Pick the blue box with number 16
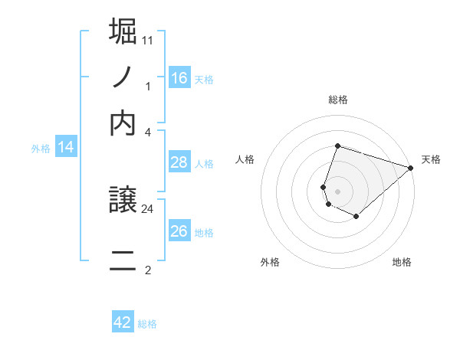[x=179, y=78]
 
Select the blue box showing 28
[x=179, y=162]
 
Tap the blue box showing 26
[x=179, y=231]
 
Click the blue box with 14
[x=65, y=148]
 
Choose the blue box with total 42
[x=123, y=322]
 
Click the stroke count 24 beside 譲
[x=148, y=208]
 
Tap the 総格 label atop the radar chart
[x=337, y=100]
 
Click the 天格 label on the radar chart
[x=431, y=159]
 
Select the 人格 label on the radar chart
[x=245, y=159]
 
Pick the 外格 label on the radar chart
[x=270, y=262]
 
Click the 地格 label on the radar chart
[x=402, y=262]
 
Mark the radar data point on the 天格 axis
[x=412, y=168]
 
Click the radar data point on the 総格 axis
[x=337, y=146]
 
